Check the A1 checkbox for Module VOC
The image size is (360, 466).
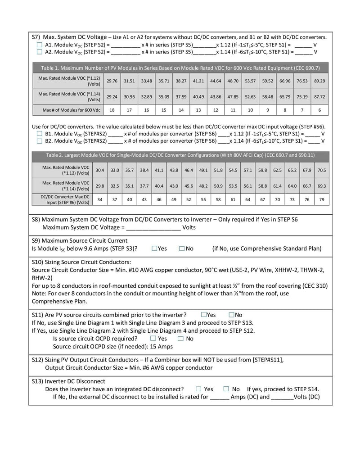[x=39, y=45]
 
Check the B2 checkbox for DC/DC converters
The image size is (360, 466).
[x=39, y=141]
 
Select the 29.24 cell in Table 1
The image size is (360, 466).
[x=112, y=96]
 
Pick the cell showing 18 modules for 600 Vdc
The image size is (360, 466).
[x=112, y=110]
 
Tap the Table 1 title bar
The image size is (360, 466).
[x=180, y=68]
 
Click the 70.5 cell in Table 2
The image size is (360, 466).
[x=322, y=170]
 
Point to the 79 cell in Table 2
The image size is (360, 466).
[x=322, y=199]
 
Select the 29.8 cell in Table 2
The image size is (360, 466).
[x=100, y=185]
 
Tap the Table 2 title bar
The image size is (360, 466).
[x=180, y=155]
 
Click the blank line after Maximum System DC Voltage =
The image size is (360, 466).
[x=153, y=228]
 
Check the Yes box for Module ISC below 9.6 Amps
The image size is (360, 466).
[x=154, y=249]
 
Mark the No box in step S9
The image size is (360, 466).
[x=182, y=249]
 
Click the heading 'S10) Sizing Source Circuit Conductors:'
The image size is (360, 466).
[x=81, y=262]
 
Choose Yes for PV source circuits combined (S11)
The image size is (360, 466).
[x=204, y=315]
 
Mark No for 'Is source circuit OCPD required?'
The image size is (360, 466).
[x=180, y=339]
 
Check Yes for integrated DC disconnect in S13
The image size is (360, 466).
[x=198, y=389]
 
